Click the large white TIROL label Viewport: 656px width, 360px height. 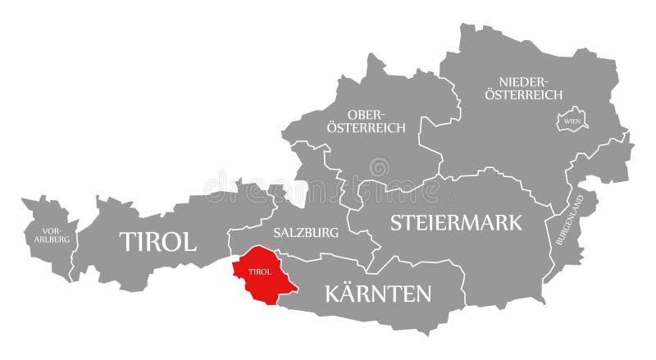pyautogui.click(x=158, y=242)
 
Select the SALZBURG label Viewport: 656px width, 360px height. pyautogui.click(x=306, y=233)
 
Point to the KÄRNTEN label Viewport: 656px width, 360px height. pyautogui.click(x=378, y=293)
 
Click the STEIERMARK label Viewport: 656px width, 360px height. pyautogui.click(x=457, y=222)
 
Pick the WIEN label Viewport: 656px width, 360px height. pyautogui.click(x=572, y=121)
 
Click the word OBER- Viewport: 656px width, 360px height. pyautogui.click(x=366, y=114)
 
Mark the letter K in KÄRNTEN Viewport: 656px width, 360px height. pyautogui.click(x=334, y=293)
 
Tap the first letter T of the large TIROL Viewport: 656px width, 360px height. pyautogui.click(x=128, y=242)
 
